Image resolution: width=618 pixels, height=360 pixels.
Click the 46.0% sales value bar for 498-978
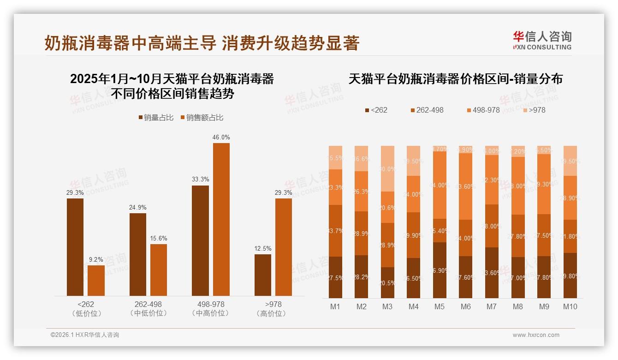tap(221, 219)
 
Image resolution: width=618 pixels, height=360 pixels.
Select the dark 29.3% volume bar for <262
tap(75, 247)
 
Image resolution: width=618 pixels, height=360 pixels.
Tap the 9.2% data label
tap(96, 259)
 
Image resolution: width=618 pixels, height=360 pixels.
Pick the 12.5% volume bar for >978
tap(263, 275)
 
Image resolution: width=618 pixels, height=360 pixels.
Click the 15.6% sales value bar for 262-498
tap(159, 270)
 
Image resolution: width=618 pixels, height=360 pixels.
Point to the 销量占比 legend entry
tap(156, 118)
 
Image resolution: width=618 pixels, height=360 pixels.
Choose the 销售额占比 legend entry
tap(202, 118)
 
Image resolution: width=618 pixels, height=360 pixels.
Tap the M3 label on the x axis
tap(387, 306)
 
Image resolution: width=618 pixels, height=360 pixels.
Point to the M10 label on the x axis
tap(570, 306)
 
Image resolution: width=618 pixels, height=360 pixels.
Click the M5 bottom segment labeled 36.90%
tap(440, 270)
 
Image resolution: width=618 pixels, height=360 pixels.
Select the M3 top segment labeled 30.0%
tap(387, 168)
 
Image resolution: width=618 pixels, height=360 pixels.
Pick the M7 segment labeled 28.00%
tap(492, 226)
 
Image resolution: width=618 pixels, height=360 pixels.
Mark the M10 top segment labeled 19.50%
tap(570, 161)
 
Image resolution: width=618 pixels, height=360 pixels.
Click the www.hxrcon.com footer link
tap(536, 335)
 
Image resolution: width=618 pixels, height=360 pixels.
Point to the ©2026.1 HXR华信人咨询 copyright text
tap(85, 335)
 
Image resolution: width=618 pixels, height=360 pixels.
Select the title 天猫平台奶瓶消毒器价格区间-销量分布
tap(456, 79)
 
